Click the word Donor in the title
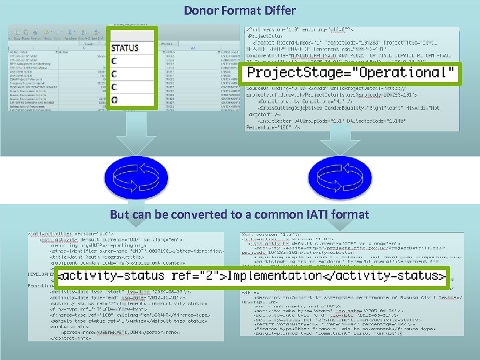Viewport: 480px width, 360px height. [199, 11]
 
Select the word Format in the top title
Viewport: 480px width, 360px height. [239, 11]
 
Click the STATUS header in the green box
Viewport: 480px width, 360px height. [125, 48]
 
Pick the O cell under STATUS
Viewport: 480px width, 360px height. [115, 100]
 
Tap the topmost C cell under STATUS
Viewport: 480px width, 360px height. [115, 61]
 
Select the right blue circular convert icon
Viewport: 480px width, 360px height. [332, 178]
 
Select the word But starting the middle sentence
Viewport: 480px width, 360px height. [119, 215]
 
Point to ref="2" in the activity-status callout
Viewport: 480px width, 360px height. [197, 275]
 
